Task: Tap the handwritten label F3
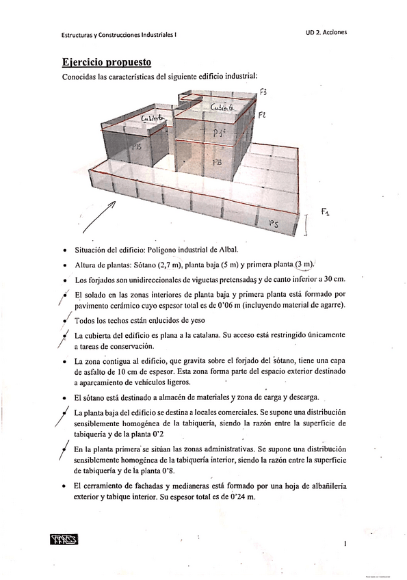click(x=263, y=92)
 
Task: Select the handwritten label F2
click(x=261, y=116)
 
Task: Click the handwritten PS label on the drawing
click(x=273, y=223)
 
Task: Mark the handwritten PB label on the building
click(x=217, y=163)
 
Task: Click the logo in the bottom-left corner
click(x=65, y=540)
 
